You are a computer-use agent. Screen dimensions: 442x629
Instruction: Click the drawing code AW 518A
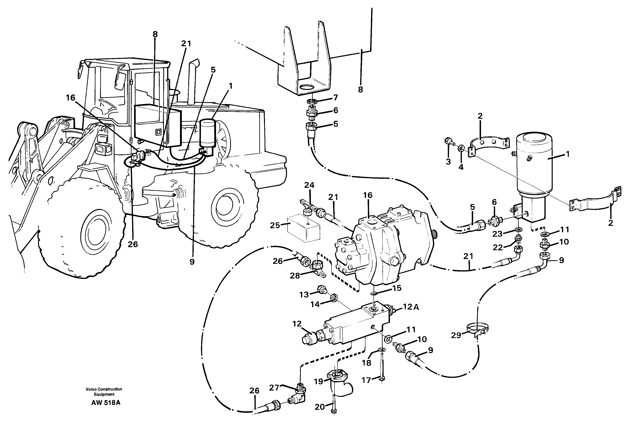[106, 403]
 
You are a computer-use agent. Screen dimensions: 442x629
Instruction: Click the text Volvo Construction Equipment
[104, 392]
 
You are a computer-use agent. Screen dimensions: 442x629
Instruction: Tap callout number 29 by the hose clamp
[456, 335]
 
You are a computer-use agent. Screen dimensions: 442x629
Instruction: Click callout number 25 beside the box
[275, 225]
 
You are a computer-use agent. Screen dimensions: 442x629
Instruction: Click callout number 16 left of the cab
[70, 98]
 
